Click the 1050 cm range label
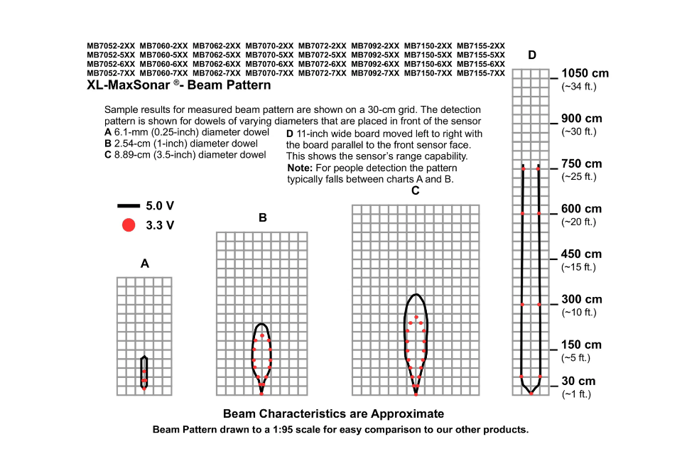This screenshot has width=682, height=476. [x=585, y=73]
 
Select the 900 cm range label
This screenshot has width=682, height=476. [x=581, y=119]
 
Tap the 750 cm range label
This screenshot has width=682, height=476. [x=581, y=163]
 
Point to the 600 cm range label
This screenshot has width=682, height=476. [x=581, y=209]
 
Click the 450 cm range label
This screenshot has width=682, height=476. [x=581, y=254]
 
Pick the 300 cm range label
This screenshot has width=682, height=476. [x=581, y=300]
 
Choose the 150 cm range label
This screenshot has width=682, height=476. [x=581, y=345]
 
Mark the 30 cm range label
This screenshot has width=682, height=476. [x=578, y=382]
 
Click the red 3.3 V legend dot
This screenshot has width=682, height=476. [x=129, y=225]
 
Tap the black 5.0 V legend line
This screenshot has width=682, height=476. [x=129, y=206]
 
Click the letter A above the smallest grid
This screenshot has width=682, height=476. [x=145, y=264]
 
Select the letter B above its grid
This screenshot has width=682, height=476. [x=263, y=218]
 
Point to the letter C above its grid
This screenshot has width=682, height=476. [x=416, y=190]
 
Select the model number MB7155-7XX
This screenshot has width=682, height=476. [x=481, y=73]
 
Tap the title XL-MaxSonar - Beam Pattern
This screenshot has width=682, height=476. [x=178, y=85]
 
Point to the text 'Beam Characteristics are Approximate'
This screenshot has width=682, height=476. [x=333, y=414]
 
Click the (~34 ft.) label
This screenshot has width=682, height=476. [x=579, y=87]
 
